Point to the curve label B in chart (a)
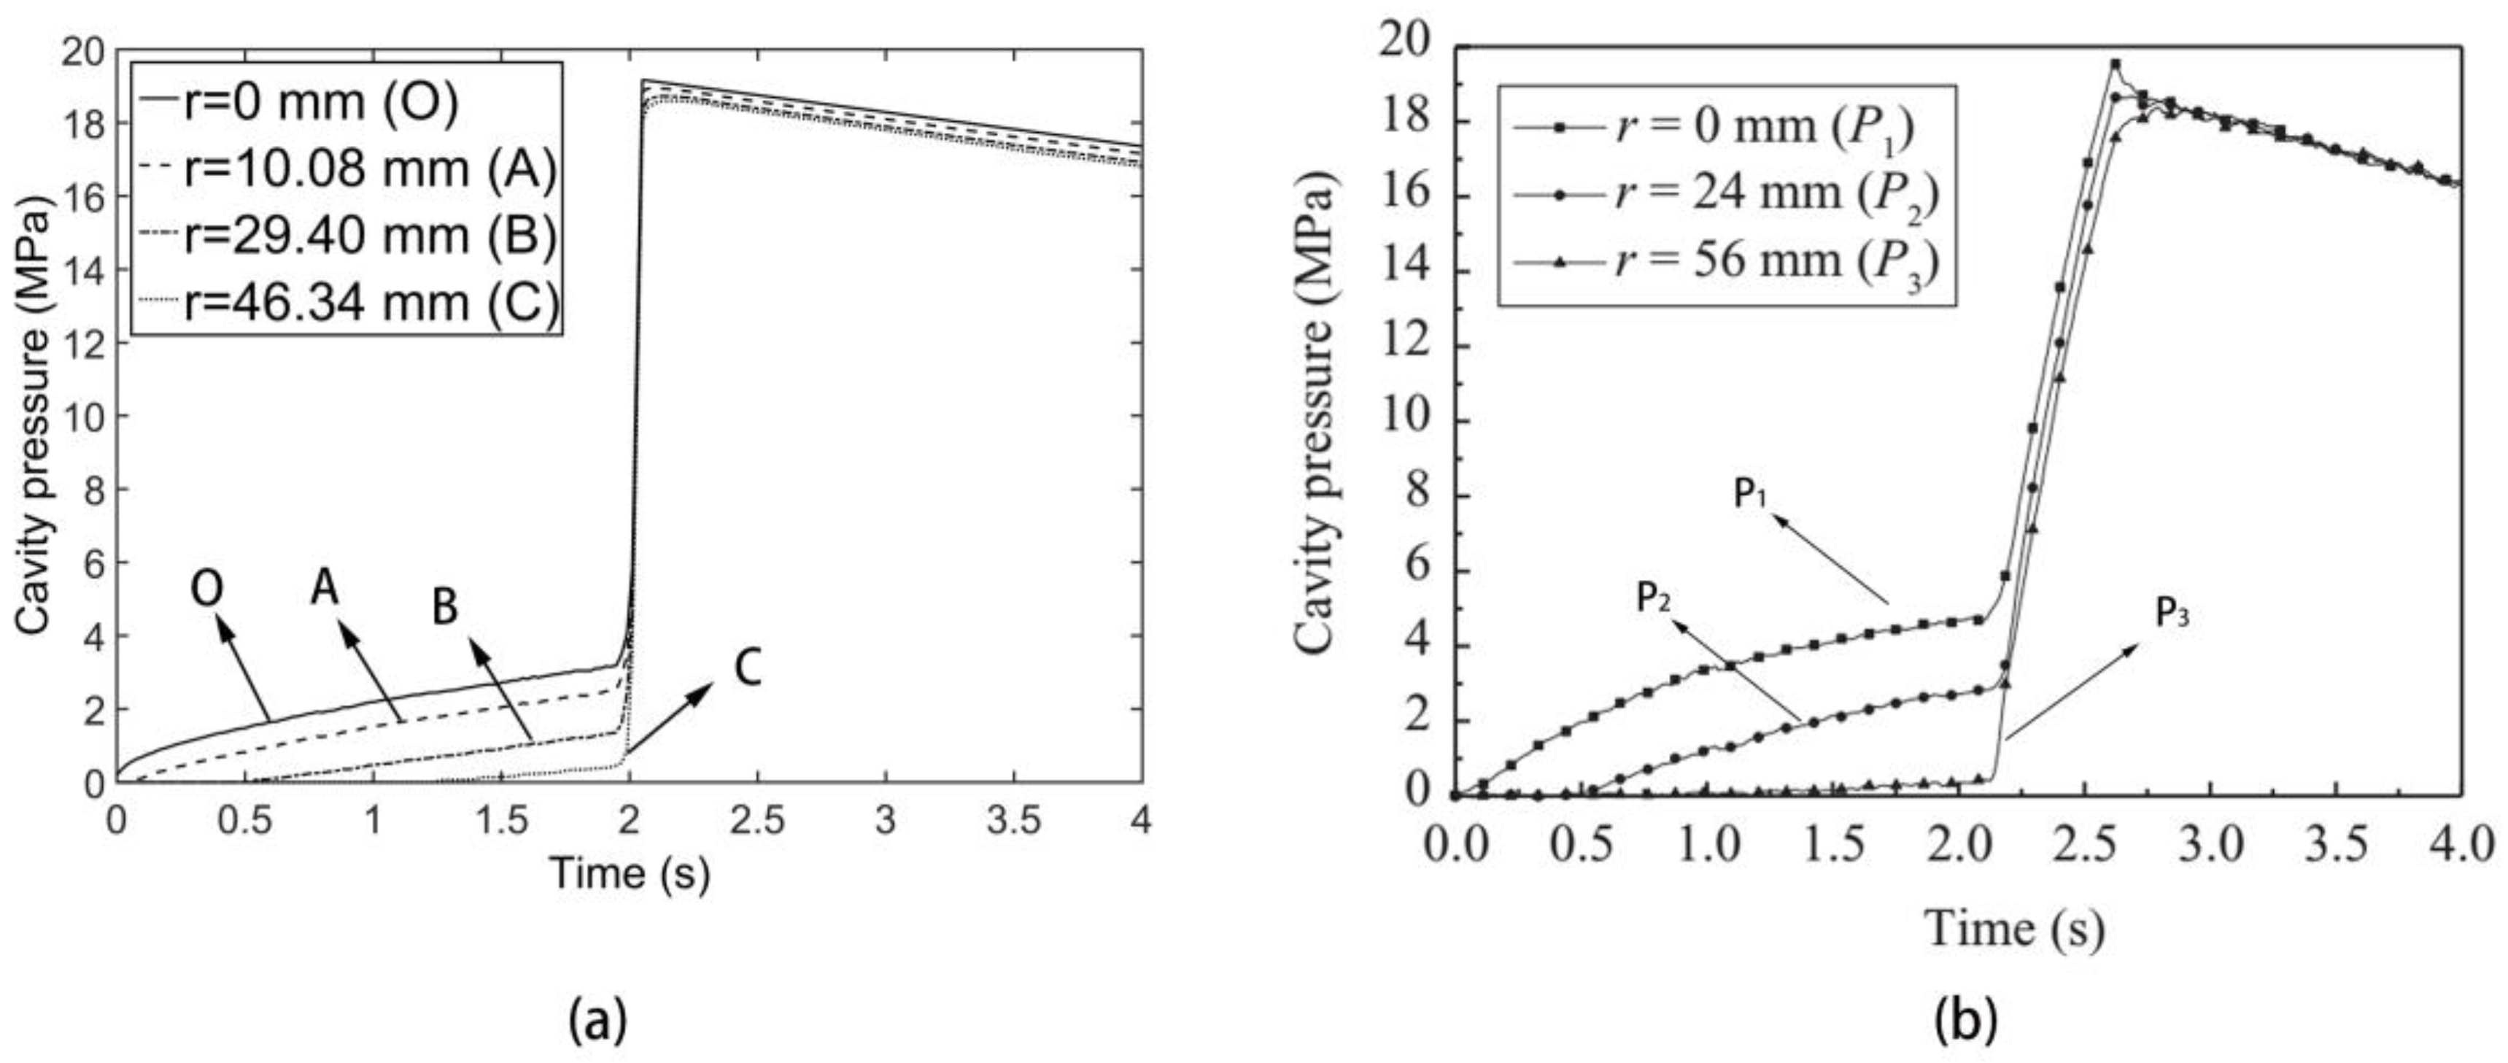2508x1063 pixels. tap(445, 608)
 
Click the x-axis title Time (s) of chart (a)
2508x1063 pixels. tap(630, 871)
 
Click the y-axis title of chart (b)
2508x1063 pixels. tap(1315, 419)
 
